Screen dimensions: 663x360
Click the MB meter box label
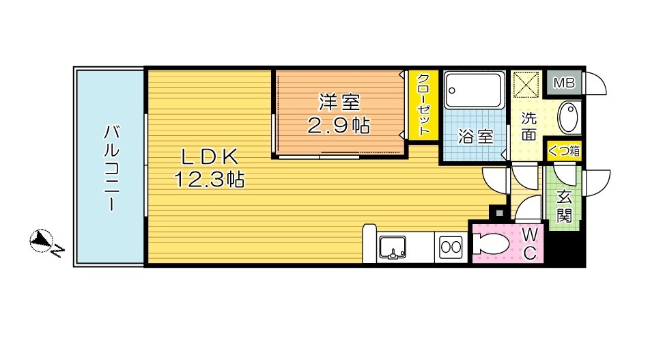565,83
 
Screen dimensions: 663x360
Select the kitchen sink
393,247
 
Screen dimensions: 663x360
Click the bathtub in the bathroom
475,89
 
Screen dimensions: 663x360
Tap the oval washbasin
568,117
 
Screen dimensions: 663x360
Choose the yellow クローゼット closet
423,105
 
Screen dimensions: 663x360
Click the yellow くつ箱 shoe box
563,150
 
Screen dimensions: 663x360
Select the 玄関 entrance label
564,207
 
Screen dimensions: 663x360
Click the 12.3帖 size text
210,180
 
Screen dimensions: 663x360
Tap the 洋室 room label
339,102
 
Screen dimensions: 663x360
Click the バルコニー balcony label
111,167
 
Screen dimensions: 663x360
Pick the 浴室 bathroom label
476,137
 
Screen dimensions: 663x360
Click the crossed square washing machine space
526,84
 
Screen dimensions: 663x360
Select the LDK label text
210,157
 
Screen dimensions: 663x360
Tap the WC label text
530,243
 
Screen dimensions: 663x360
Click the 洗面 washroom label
528,126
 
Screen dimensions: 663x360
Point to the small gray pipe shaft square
499,212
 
